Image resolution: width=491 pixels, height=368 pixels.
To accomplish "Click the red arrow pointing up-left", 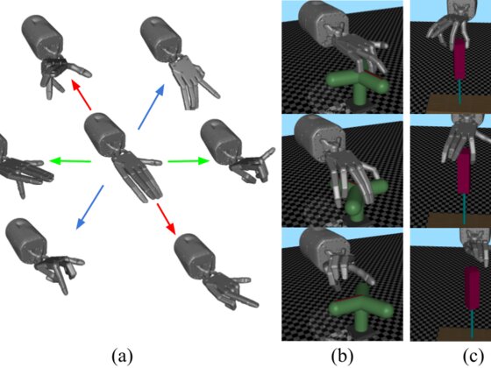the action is pos(82,95).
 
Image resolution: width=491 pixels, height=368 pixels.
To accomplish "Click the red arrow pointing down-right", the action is pos(166,218).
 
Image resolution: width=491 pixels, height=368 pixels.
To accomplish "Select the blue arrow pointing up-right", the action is pos(151,107).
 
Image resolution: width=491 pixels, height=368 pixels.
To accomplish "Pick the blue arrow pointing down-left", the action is pos(89,207).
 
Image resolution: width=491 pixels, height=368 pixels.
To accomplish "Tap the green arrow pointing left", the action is pos(70,161).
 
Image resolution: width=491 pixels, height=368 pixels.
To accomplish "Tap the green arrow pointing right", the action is pos(189,161).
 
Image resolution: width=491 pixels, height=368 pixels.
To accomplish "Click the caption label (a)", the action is pos(122,357).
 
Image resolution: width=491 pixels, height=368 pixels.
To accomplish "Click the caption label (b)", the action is pos(342,357).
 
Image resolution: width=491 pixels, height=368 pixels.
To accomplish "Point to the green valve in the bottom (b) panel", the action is pos(360,308).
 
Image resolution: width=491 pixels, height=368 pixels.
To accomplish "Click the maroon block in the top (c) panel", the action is pos(460,59).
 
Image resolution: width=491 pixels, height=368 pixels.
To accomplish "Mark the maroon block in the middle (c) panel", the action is pos(465,171).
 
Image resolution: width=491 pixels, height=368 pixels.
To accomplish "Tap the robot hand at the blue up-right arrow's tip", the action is pos(180,62).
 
